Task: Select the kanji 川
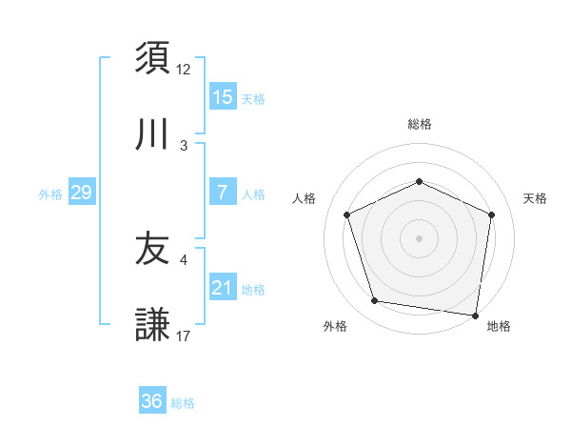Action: click(152, 135)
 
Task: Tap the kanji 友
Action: click(152, 250)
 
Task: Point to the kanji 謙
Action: click(152, 326)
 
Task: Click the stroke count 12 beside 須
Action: click(184, 69)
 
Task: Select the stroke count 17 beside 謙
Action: click(184, 336)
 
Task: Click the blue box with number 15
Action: click(223, 97)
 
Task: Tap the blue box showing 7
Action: click(223, 193)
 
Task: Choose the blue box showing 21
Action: click(223, 288)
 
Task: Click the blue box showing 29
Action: click(82, 193)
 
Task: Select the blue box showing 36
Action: click(152, 401)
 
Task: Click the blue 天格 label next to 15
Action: click(253, 98)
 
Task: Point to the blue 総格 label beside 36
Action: click(183, 402)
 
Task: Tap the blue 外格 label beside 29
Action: click(50, 193)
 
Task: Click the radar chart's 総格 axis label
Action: click(419, 124)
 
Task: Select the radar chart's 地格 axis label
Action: click(499, 326)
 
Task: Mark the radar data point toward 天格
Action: click(492, 214)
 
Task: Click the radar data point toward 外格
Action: click(375, 301)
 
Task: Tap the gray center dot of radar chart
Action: click(419, 238)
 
